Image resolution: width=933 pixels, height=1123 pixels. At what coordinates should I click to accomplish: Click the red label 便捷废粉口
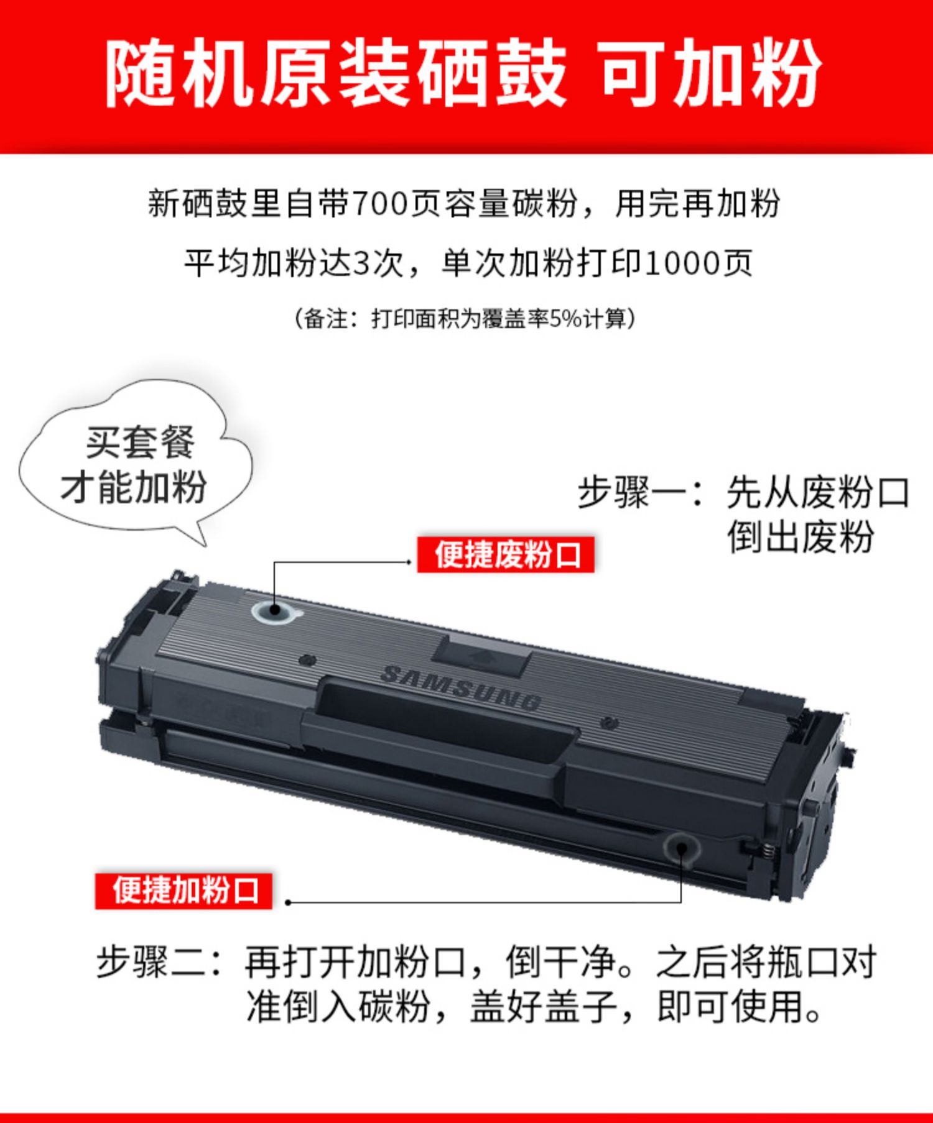click(506, 554)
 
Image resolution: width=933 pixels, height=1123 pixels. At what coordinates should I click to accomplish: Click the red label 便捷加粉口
click(184, 891)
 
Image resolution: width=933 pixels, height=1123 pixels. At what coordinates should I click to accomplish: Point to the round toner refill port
click(681, 847)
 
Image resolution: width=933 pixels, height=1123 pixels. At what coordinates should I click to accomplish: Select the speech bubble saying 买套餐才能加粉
click(136, 463)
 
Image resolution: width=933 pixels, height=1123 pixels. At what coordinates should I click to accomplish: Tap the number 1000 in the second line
click(680, 263)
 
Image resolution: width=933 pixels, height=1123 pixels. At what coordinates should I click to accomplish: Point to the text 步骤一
click(632, 493)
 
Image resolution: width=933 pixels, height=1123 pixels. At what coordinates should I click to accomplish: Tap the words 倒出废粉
click(801, 537)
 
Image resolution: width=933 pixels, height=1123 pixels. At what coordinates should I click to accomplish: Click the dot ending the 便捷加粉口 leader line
click(287, 902)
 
